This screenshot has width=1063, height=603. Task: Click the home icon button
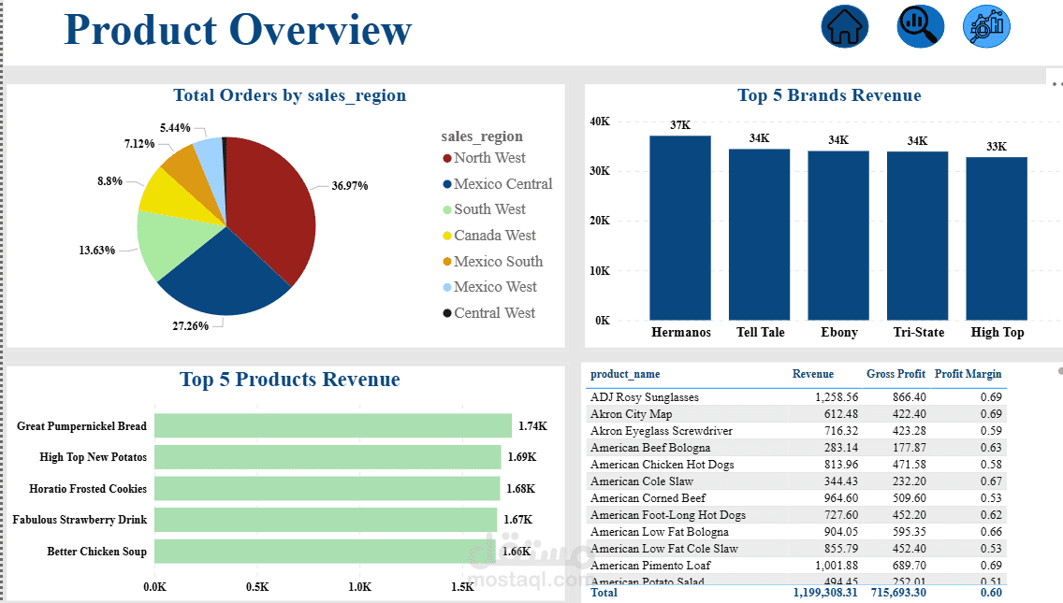click(x=845, y=26)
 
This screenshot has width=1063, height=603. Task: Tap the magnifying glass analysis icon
click(x=920, y=26)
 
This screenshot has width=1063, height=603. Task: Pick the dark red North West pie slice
click(x=271, y=206)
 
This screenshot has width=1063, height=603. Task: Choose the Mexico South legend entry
click(x=498, y=262)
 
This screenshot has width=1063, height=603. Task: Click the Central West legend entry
click(x=494, y=313)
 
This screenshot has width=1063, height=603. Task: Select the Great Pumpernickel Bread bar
click(x=333, y=426)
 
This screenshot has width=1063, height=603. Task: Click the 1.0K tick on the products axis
click(x=360, y=587)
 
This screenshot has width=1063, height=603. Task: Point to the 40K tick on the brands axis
click(x=600, y=122)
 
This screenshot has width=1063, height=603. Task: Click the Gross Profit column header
click(x=896, y=374)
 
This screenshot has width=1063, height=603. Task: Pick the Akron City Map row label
click(x=632, y=414)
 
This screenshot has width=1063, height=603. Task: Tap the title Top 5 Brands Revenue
click(x=829, y=95)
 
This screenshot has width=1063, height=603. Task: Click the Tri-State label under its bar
click(x=917, y=333)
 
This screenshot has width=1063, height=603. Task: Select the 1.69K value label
click(x=521, y=457)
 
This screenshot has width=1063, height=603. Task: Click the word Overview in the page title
click(x=320, y=30)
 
